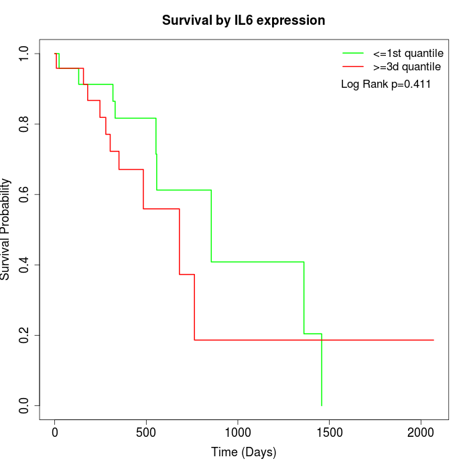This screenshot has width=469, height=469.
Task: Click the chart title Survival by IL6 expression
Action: (x=243, y=21)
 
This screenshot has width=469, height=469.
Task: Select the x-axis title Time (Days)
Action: (x=243, y=452)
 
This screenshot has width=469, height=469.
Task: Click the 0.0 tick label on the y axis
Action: (x=24, y=405)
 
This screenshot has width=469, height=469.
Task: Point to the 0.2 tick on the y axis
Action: (x=24, y=335)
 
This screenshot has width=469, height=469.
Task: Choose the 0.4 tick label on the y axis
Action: (x=24, y=265)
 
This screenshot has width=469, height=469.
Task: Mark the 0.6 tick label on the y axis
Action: (x=24, y=194)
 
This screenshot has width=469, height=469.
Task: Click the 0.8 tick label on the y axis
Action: (x=24, y=124)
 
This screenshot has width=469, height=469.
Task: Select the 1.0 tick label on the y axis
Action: (x=24, y=54)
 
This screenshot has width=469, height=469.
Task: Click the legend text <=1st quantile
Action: (x=408, y=53)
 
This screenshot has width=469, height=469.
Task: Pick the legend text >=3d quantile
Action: (x=407, y=66)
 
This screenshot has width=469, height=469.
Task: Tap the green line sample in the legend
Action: (x=353, y=53)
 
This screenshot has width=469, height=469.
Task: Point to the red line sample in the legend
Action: (x=353, y=66)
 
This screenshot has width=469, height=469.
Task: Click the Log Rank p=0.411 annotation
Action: (x=386, y=84)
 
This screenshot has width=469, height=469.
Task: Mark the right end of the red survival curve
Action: (x=433, y=340)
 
